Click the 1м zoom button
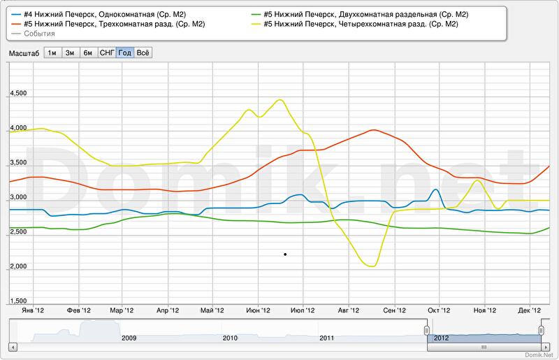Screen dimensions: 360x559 (52, 52)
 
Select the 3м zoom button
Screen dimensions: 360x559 (70, 52)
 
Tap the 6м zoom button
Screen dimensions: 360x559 (88, 52)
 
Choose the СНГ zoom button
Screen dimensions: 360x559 (106, 52)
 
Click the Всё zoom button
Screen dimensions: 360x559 (143, 52)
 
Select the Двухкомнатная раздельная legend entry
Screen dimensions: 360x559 (363, 14)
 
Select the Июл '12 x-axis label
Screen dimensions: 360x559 (303, 310)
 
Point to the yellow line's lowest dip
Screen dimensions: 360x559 (370, 266)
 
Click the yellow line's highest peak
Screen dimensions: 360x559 (280, 100)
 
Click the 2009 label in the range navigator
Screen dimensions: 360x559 (129, 338)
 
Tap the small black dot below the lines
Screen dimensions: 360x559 (285, 254)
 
